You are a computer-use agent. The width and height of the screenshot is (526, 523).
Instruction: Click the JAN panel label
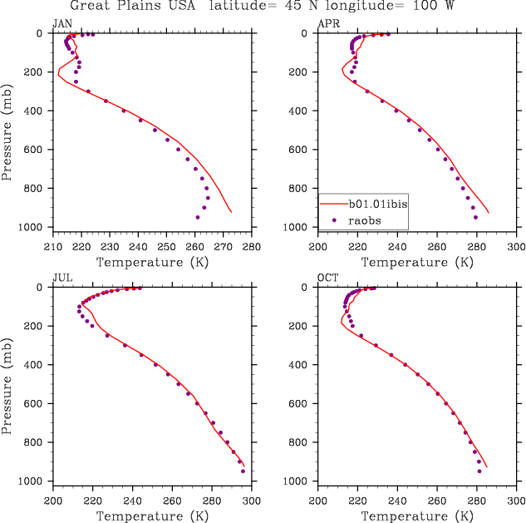pyautogui.click(x=61, y=24)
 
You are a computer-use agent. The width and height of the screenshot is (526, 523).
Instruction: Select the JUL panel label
pyautogui.click(x=61, y=279)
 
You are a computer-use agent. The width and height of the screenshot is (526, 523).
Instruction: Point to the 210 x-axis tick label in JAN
pyautogui.click(x=52, y=247)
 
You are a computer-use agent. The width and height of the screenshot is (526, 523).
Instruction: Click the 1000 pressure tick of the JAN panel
pyautogui.click(x=37, y=228)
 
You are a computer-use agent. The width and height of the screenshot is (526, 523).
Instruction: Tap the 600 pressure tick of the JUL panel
pyautogui.click(x=40, y=404)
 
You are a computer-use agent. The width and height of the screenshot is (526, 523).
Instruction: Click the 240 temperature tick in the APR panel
pyautogui.click(x=397, y=247)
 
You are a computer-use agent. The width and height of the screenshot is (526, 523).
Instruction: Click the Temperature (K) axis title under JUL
pyautogui.click(x=152, y=516)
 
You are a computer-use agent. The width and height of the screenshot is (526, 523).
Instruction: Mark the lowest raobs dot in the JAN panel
pyautogui.click(x=198, y=217)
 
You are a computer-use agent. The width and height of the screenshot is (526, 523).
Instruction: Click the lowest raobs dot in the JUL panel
pyautogui.click(x=243, y=471)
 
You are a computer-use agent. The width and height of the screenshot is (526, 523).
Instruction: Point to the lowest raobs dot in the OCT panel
pyautogui.click(x=479, y=471)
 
